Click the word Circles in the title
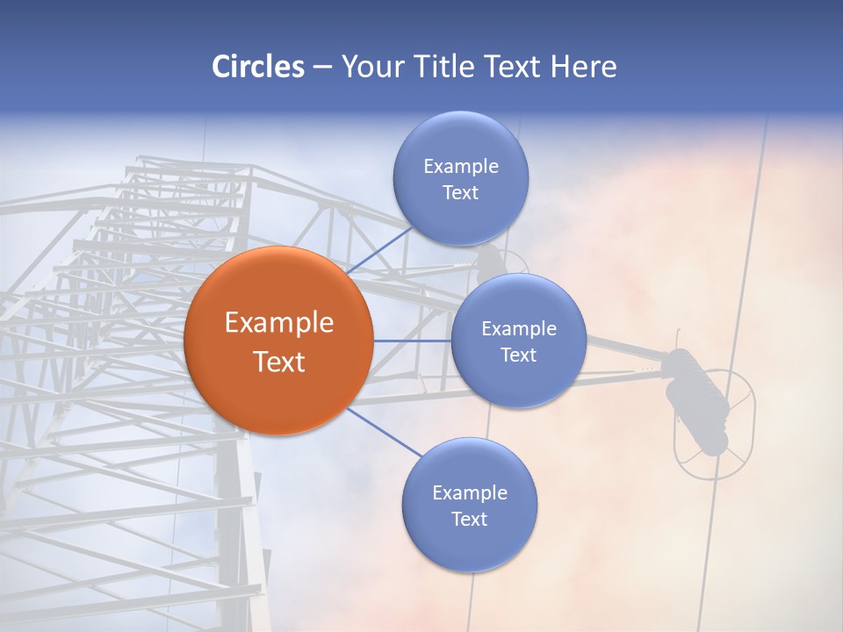[x=257, y=67]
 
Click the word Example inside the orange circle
[x=279, y=323]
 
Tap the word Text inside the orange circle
[x=279, y=362]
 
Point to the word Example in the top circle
[x=461, y=167]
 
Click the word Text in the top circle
[x=460, y=193]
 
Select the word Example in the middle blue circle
[x=519, y=329]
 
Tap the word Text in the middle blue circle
[x=518, y=355]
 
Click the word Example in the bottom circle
[x=470, y=493]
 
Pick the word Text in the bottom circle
[x=469, y=520]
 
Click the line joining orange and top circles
[x=379, y=251]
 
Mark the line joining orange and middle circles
[x=412, y=341]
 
